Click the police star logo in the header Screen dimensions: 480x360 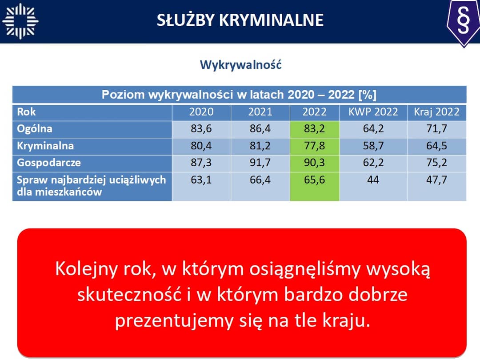pos(20,21)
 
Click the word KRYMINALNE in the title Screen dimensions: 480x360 pos(271,20)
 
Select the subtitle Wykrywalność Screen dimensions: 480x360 pos(240,65)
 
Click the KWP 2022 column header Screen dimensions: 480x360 pos(373,112)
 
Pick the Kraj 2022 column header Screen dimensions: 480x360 pos(437,112)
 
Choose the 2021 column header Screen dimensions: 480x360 pos(260,112)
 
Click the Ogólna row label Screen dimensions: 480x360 pos(35,129)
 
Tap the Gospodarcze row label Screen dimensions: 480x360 pos(49,163)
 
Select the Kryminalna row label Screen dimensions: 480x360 pos(45,146)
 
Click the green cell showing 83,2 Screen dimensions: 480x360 pos(315,129)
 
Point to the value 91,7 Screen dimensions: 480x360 pos(260,163)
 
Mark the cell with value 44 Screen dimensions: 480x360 pos(373,186)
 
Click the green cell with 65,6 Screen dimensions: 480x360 pos(315,186)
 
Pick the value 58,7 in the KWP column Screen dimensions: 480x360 pos(373,146)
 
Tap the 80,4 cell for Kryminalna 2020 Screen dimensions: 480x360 pos(201,146)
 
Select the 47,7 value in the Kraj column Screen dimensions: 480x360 pos(437,180)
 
